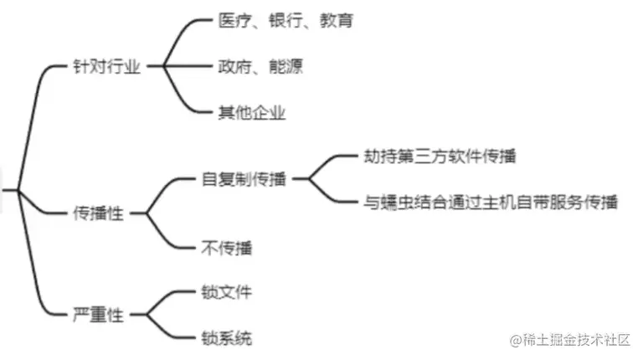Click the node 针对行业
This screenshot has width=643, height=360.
click(106, 67)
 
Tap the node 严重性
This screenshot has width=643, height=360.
click(98, 316)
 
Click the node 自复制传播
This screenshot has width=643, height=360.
click(244, 178)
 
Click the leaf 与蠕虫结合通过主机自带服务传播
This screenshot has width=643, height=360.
click(491, 202)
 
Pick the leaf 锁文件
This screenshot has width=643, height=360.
click(226, 292)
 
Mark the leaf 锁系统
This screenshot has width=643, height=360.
click(226, 338)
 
